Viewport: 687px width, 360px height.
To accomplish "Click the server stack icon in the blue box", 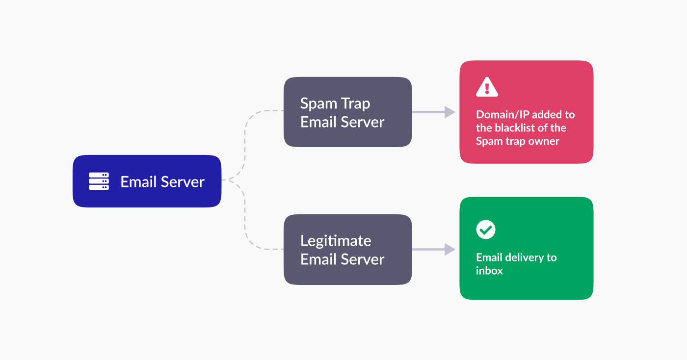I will coord(99,181).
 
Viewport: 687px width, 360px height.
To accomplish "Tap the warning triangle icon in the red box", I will coord(487,87).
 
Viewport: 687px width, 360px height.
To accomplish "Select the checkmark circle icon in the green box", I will coord(486,229).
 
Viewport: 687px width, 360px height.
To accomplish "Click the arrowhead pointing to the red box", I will coord(449,112).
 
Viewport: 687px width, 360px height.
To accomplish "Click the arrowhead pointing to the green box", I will coord(449,249).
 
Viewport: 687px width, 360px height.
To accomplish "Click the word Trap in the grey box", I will coord(356,104).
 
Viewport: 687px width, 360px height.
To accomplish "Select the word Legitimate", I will coord(336,241).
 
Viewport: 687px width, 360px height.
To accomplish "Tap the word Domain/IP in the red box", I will coord(502,115).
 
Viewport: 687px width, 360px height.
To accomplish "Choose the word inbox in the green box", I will coord(489,271).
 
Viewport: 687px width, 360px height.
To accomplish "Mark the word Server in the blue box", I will coord(183,182).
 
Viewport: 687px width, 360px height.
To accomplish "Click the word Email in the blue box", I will coord(138,182).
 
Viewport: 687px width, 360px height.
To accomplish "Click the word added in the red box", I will coord(546,115).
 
